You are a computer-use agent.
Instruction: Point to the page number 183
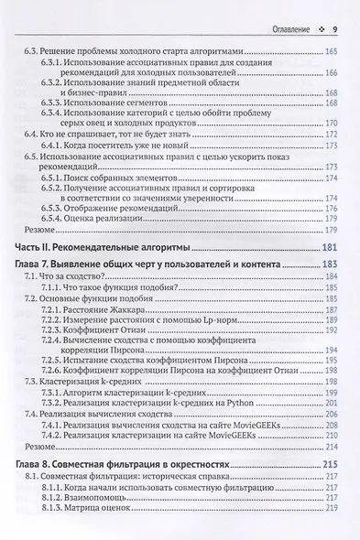pos(333,265)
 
